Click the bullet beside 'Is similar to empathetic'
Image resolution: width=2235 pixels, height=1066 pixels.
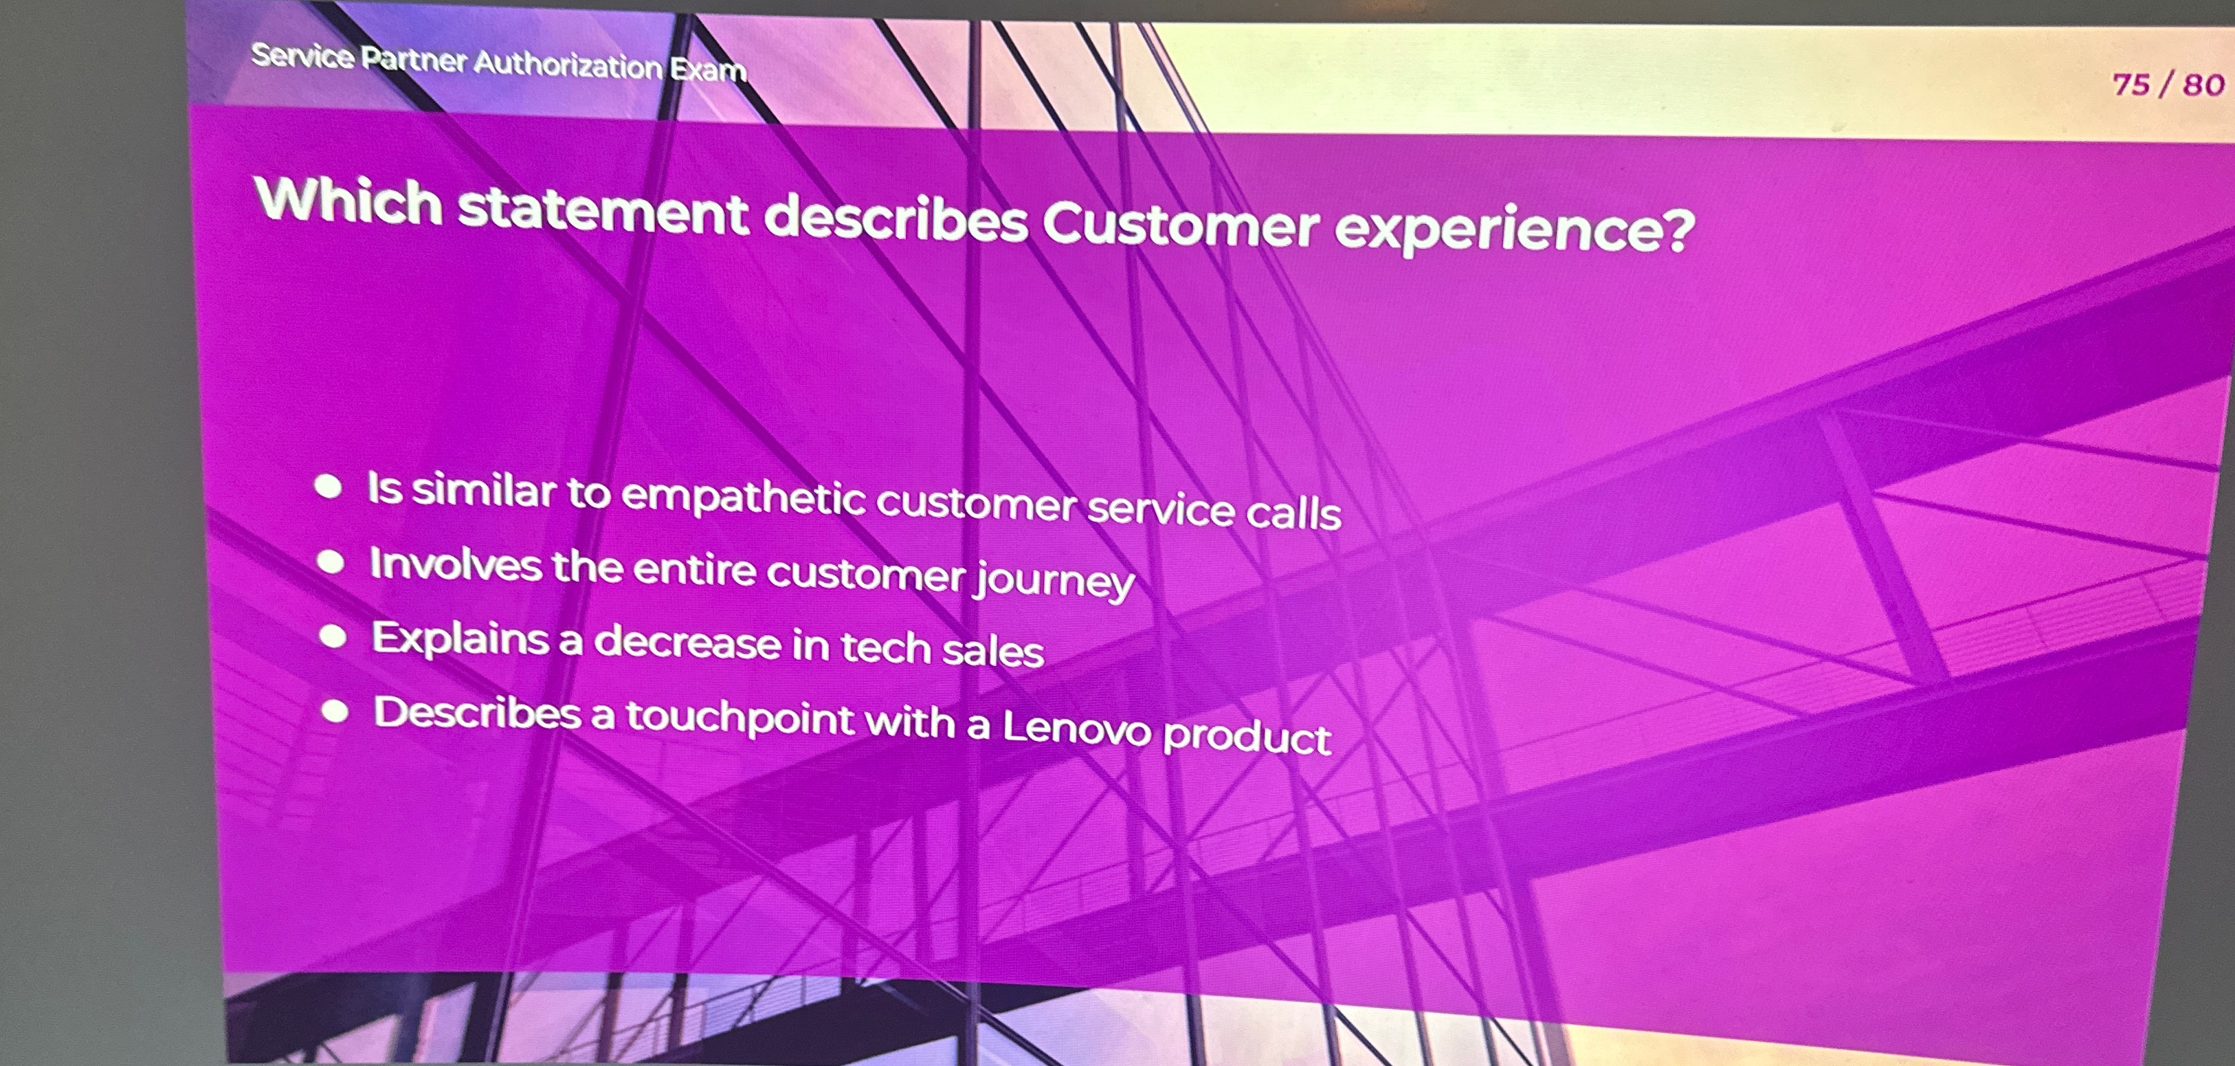[328, 487]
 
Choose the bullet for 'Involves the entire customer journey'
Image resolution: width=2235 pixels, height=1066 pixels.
[331, 562]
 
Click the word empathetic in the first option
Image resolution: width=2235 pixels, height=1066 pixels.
[744, 497]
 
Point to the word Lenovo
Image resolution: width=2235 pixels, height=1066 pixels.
[1076, 727]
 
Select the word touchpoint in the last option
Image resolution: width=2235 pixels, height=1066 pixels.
[740, 718]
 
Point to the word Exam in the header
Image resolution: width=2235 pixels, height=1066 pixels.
[708, 69]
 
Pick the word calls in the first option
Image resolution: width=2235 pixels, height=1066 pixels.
[1293, 513]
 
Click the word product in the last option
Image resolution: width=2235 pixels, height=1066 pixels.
[1246, 736]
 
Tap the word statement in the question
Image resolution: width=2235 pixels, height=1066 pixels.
[602, 212]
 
